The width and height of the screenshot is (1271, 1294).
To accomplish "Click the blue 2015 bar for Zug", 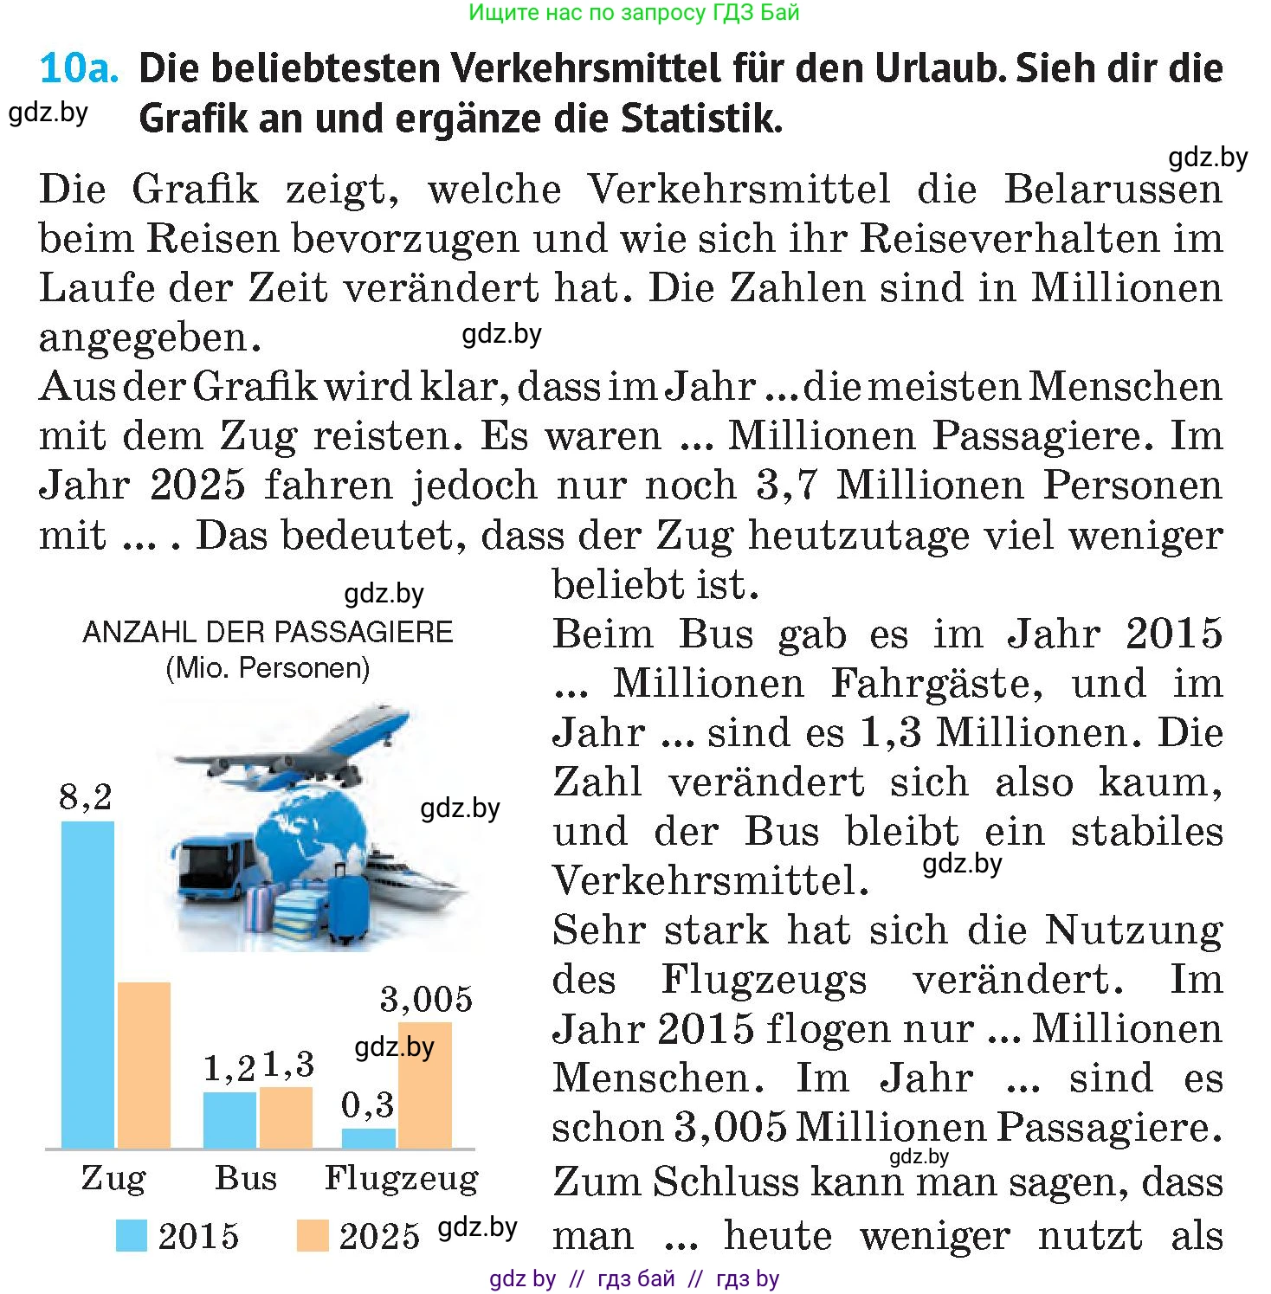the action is click(87, 985).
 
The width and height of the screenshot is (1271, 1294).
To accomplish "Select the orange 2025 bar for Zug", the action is click(144, 1065).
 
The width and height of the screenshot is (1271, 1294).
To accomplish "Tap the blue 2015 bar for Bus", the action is click(229, 1120).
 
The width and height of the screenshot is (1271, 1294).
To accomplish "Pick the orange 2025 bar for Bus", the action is click(286, 1117).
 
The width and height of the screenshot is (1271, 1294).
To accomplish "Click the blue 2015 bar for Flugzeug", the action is click(369, 1138).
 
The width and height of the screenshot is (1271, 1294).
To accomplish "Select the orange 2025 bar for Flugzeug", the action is click(425, 1085).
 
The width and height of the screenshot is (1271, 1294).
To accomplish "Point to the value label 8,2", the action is click(86, 797).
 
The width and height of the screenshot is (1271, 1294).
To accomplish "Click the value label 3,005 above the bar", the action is click(427, 999).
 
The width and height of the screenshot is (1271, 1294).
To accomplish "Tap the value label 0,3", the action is click(368, 1105).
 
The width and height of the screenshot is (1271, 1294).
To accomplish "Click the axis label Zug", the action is click(113, 1179).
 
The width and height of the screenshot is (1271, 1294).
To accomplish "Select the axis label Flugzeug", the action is click(402, 1179).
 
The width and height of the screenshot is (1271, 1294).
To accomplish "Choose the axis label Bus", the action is click(246, 1178).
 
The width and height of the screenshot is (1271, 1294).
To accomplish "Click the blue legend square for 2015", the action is click(132, 1235).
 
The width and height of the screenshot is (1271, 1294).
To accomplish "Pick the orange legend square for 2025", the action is click(313, 1235).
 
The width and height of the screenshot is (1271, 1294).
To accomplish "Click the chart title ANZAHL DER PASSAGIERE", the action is click(268, 632).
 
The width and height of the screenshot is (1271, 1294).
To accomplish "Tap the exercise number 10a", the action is click(79, 68).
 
